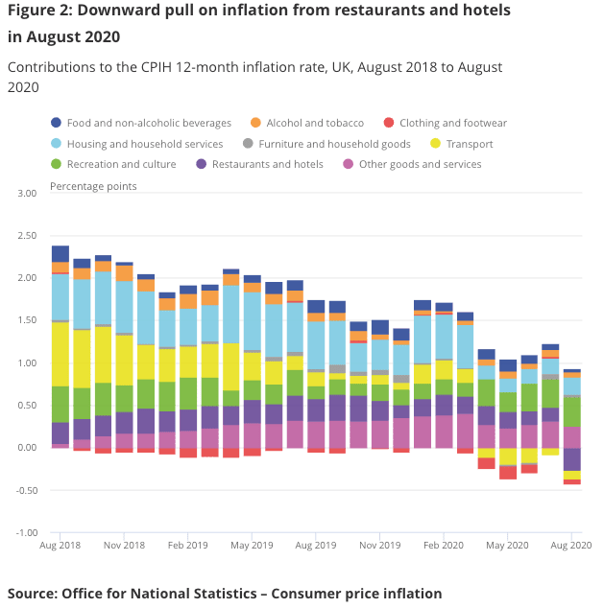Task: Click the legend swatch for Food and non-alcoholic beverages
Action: (x=56, y=123)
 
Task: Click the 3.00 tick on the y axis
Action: (x=26, y=194)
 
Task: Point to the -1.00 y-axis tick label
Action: (x=25, y=532)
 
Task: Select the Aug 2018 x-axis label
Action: (x=60, y=546)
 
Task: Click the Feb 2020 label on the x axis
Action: (x=444, y=546)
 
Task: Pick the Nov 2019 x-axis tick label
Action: (x=380, y=546)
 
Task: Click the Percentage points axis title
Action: (x=93, y=185)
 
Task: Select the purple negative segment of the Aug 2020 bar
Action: (x=572, y=459)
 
